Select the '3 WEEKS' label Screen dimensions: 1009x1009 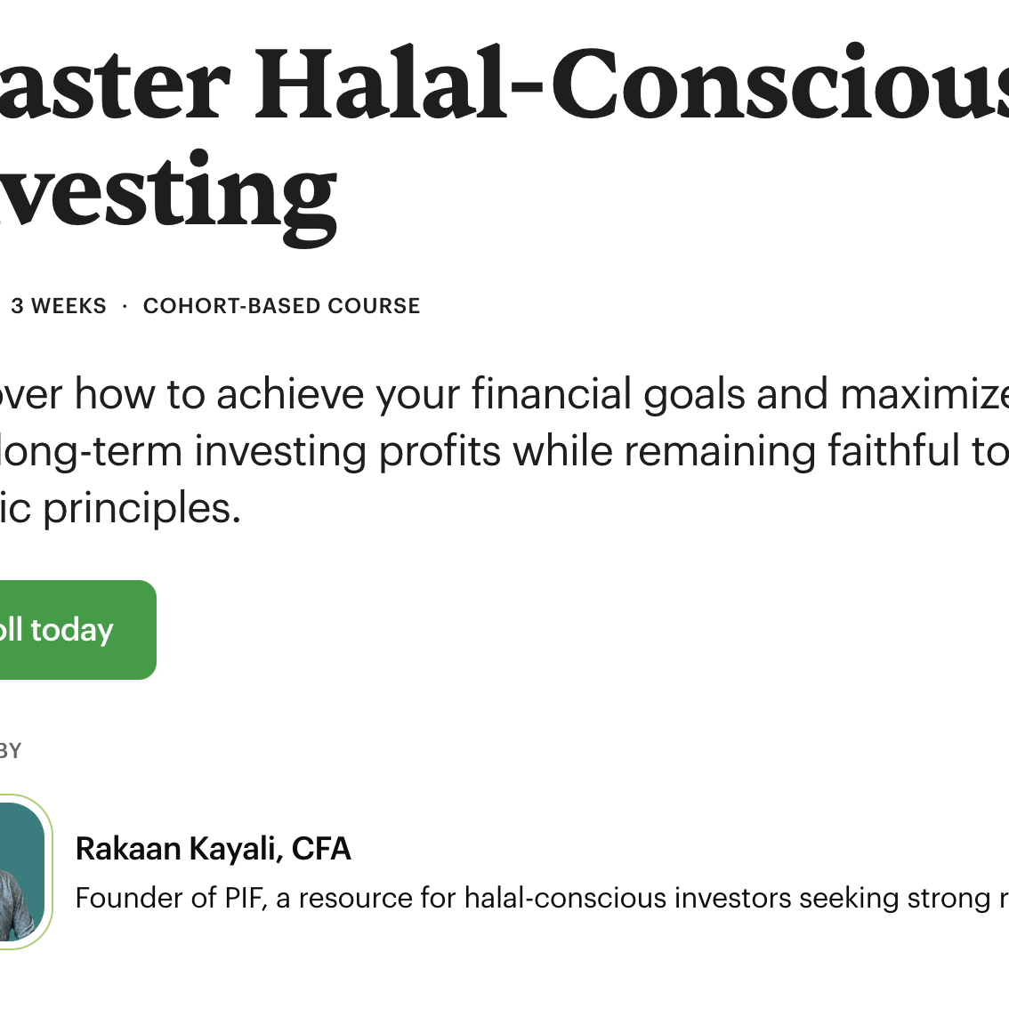coord(59,306)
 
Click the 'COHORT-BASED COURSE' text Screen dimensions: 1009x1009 coord(281,306)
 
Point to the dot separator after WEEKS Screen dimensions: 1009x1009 coord(125,306)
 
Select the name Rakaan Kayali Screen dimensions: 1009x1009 coord(175,849)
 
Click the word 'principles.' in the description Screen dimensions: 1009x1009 coord(142,509)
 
